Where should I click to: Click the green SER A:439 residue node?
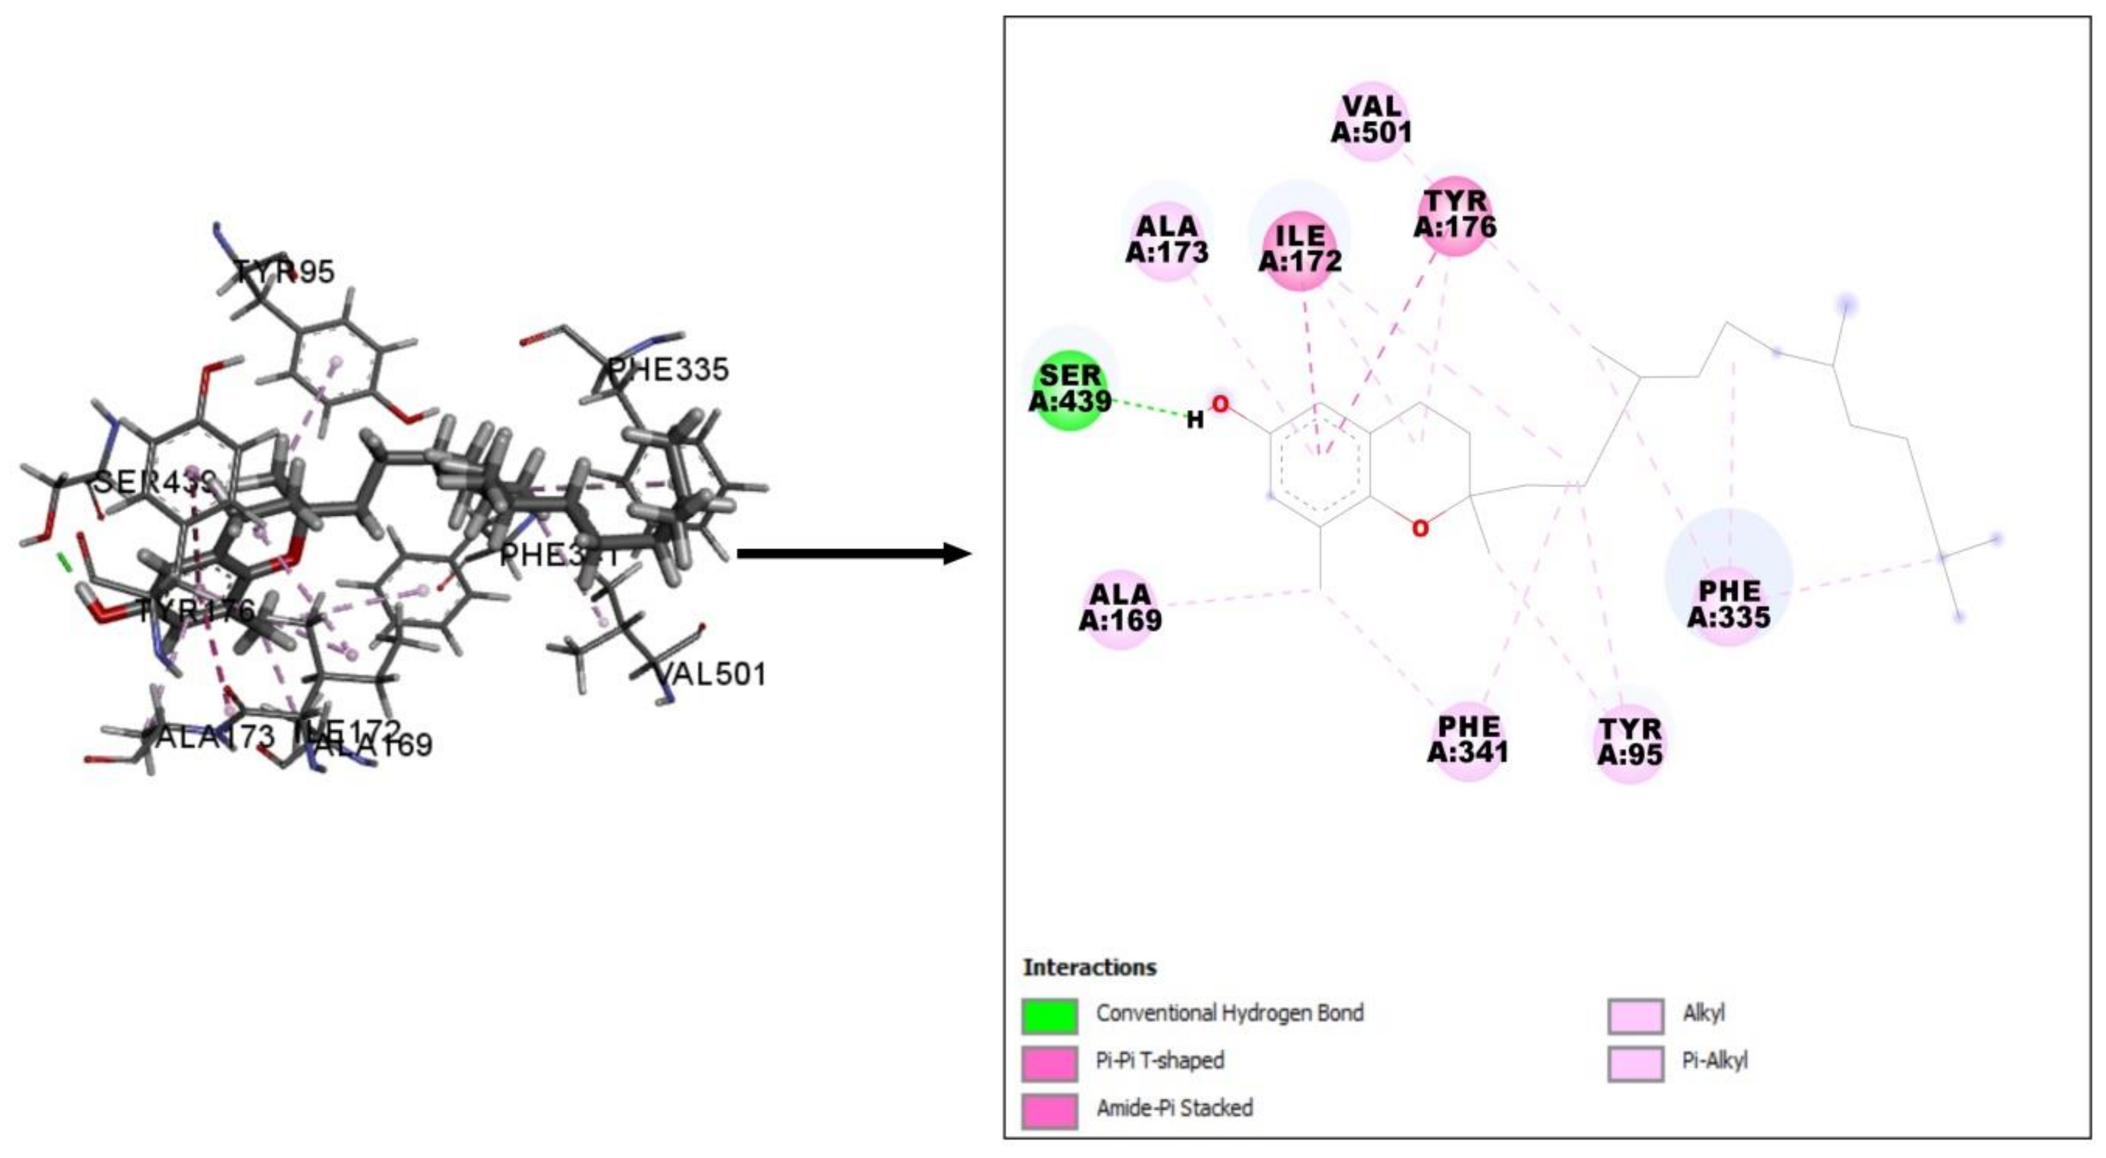[1070, 389]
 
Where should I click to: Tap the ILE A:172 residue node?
[1300, 248]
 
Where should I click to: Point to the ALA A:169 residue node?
[1120, 607]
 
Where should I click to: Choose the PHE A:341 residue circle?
[1468, 739]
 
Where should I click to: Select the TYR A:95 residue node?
[1630, 742]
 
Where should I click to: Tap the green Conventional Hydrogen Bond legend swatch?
[1049, 1015]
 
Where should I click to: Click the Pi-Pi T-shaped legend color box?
[1049, 1062]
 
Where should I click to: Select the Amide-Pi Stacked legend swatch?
[1049, 1110]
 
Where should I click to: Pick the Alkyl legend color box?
[1635, 1015]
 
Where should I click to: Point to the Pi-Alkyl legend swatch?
[1635, 1062]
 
